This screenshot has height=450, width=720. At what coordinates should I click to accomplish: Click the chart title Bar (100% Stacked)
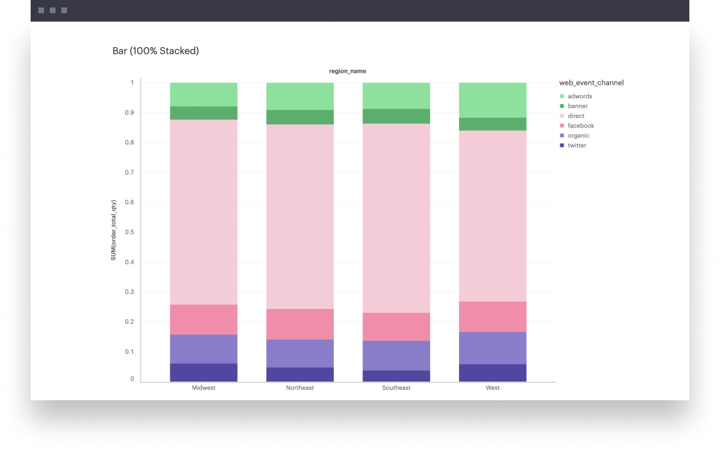(x=156, y=51)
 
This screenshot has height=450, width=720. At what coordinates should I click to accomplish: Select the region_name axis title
(x=348, y=71)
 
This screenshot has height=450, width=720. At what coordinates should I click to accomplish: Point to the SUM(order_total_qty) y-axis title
(x=114, y=230)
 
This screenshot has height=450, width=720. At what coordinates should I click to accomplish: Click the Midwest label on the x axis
(x=204, y=388)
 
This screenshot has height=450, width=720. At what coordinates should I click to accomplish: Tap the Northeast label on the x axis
(x=300, y=388)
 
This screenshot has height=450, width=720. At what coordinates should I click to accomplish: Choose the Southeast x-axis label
(x=396, y=388)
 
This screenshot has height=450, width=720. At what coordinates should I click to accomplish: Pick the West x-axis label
(x=493, y=388)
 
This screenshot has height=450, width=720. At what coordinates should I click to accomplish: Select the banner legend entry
(x=578, y=106)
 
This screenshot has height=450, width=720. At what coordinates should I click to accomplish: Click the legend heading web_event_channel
(x=591, y=83)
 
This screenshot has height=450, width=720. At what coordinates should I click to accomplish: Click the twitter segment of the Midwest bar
(x=204, y=373)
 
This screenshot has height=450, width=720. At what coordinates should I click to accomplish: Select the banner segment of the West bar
(x=493, y=124)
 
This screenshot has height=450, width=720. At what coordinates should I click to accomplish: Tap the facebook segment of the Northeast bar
(x=300, y=324)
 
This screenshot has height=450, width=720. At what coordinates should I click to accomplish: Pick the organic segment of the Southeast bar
(x=396, y=356)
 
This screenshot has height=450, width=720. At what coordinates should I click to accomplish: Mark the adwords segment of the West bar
(x=493, y=100)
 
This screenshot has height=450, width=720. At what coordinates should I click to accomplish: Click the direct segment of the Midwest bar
(x=204, y=212)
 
